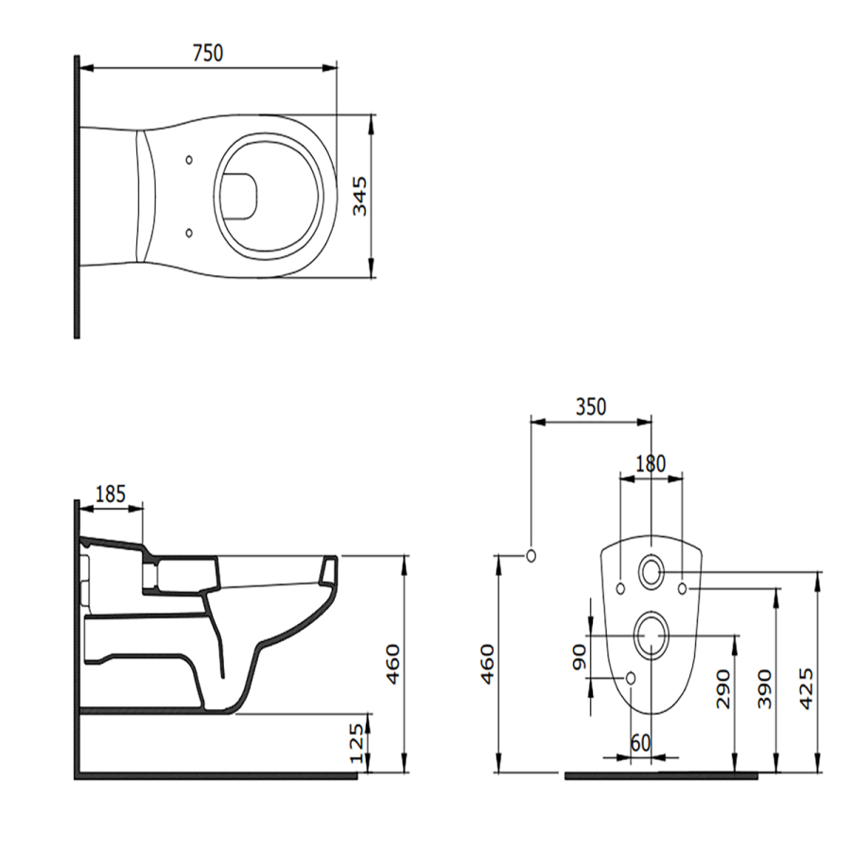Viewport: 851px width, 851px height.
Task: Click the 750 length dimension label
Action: (x=207, y=53)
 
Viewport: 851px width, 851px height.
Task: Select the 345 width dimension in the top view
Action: (x=360, y=196)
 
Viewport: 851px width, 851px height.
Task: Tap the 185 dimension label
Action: (x=111, y=493)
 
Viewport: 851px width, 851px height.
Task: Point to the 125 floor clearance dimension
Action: (x=356, y=745)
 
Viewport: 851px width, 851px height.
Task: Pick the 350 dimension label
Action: (x=590, y=408)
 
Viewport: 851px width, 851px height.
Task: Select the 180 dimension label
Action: (x=650, y=463)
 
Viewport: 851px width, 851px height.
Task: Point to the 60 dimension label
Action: (x=640, y=743)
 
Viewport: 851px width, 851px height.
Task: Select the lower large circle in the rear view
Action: (x=651, y=635)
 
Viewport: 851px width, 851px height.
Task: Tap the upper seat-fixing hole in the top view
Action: (x=189, y=160)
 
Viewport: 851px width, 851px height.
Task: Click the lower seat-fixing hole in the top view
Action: (x=189, y=232)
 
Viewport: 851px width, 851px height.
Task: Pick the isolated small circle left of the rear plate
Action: (x=530, y=555)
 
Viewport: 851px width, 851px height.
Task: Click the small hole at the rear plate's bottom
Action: (x=631, y=677)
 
